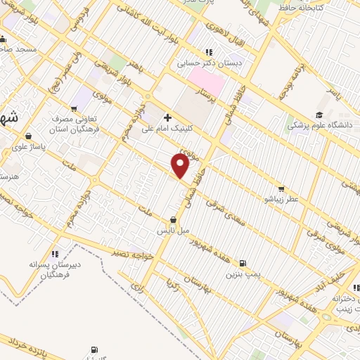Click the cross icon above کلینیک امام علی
(167, 117)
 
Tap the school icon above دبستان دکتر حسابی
(207, 51)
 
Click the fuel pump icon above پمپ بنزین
(243, 262)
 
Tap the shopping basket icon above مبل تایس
(173, 219)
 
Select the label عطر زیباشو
(281, 200)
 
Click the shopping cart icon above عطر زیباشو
(281, 188)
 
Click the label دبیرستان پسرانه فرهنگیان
(55, 270)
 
